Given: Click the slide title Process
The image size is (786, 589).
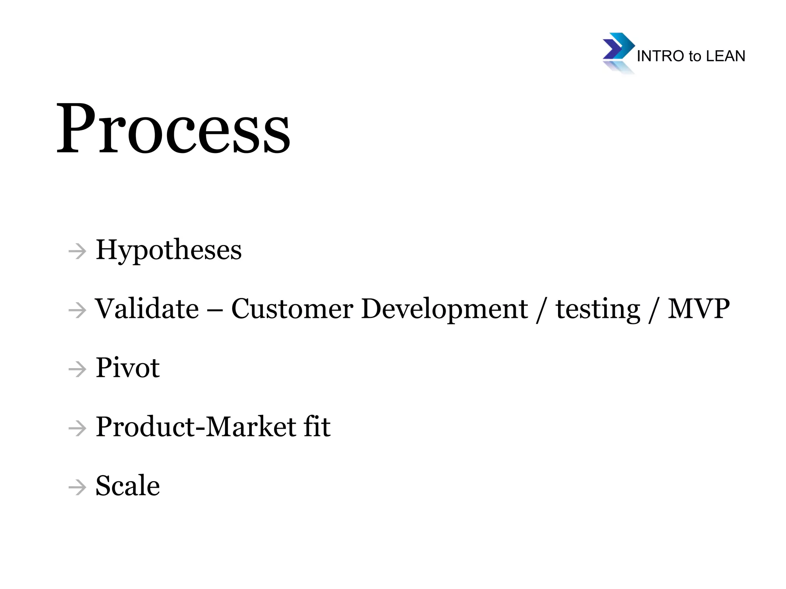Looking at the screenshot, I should (173, 128).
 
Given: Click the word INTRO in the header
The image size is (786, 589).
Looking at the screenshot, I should (661, 56).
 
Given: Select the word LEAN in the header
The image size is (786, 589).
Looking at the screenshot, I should (725, 56).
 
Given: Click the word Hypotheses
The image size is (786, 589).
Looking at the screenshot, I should (168, 250).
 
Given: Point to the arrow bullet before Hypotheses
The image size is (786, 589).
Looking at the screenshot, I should (77, 252).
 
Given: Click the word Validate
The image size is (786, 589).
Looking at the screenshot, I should (147, 309).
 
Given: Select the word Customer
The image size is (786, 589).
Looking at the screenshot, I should (292, 309).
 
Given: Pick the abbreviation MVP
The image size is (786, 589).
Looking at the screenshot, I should (698, 309).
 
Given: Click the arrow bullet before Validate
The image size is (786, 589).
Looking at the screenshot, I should (77, 311).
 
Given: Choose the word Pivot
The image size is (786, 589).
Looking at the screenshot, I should (127, 368).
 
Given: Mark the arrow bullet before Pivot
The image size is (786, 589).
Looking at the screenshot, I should (77, 370).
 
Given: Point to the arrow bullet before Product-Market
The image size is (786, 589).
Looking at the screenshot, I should (77, 428).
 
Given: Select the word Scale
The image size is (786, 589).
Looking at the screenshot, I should (127, 485).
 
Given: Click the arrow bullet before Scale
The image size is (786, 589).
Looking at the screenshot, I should (77, 487).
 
